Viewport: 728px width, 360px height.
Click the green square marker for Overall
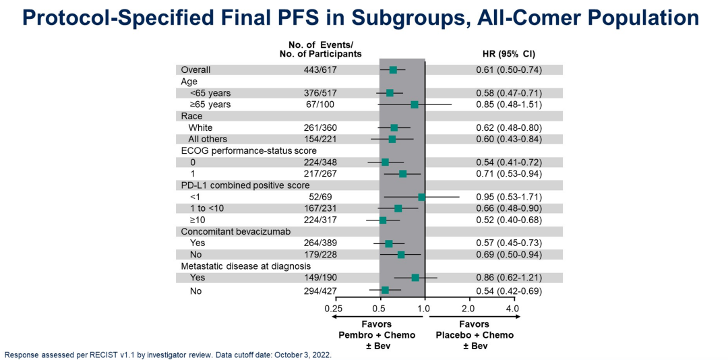[x=393, y=69]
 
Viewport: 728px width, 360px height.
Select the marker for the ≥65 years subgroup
[x=415, y=104]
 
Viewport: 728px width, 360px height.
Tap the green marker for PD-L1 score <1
[x=422, y=197]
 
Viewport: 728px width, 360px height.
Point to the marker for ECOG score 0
[x=385, y=162]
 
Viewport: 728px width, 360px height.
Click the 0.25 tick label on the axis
[x=334, y=308]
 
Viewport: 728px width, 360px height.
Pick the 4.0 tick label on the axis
[x=512, y=308]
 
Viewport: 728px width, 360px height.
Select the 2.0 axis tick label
[x=468, y=308]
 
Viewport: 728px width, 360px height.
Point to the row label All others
[x=208, y=139]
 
